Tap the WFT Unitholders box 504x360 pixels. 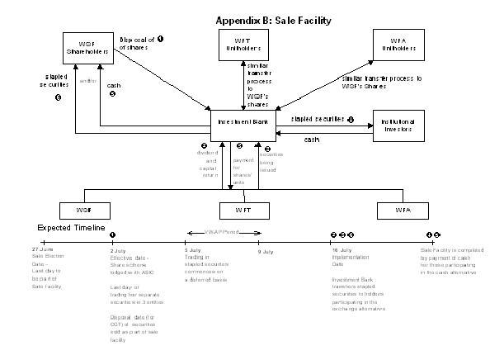243,45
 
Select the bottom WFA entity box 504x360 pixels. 402,211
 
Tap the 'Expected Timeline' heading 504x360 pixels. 70,227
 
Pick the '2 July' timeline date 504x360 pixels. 118,249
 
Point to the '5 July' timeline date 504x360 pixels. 191,249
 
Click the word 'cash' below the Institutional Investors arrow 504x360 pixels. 312,140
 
